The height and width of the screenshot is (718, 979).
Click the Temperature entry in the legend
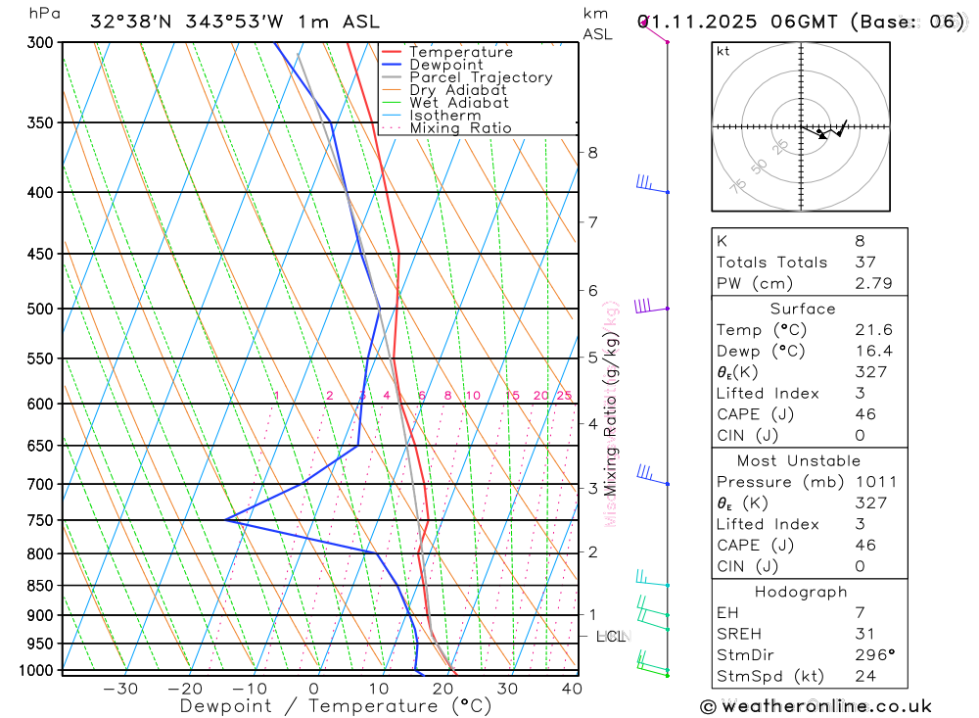(x=460, y=52)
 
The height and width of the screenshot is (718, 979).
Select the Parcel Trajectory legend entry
(x=481, y=77)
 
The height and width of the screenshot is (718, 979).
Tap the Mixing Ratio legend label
(x=460, y=128)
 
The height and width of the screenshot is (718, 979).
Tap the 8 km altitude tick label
(x=592, y=152)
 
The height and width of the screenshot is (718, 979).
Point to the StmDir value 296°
(x=870, y=654)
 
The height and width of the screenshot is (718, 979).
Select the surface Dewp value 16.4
(x=870, y=351)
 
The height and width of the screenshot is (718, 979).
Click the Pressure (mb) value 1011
(x=874, y=482)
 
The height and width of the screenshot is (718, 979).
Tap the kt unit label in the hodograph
(x=723, y=51)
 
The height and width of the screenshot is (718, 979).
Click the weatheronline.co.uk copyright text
(x=816, y=706)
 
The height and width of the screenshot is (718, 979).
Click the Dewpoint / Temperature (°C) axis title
(x=335, y=706)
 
